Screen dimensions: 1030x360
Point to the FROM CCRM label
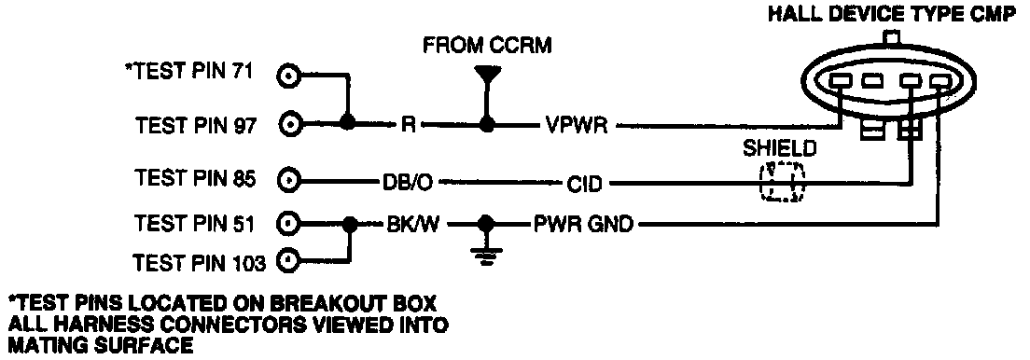487,46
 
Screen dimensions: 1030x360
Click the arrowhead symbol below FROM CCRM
487,75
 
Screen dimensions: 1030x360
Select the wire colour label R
408,125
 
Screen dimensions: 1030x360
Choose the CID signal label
584,184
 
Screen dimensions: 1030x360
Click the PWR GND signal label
583,226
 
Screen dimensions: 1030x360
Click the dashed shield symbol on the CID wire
782,181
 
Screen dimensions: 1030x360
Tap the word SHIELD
780,149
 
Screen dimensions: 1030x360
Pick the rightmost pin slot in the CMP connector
941,81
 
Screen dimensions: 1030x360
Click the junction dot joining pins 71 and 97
348,124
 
